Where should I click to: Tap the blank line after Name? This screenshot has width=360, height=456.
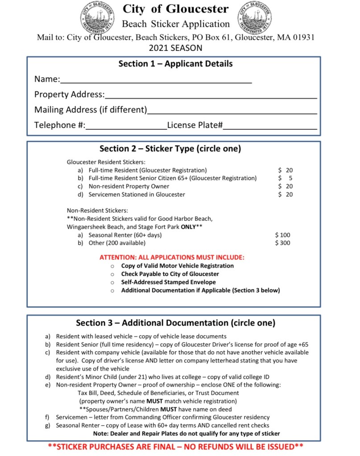[156, 80]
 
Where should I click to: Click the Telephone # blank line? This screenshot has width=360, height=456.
[126, 126]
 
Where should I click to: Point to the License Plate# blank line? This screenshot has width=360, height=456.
[270, 126]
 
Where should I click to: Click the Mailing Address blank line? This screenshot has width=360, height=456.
[232, 111]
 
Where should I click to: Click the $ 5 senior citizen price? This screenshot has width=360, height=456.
[286, 178]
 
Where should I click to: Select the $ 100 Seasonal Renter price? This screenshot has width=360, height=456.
[283, 235]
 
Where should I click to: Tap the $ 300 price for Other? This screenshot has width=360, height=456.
[283, 243]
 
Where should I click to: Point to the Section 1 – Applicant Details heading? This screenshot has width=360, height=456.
[175, 64]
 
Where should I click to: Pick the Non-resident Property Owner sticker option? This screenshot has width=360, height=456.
[129, 186]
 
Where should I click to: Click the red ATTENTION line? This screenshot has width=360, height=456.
[172, 257]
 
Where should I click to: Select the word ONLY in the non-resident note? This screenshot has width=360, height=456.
[188, 227]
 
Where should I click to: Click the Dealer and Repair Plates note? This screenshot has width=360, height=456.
[186, 433]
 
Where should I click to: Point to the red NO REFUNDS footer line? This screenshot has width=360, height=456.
[175, 446]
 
